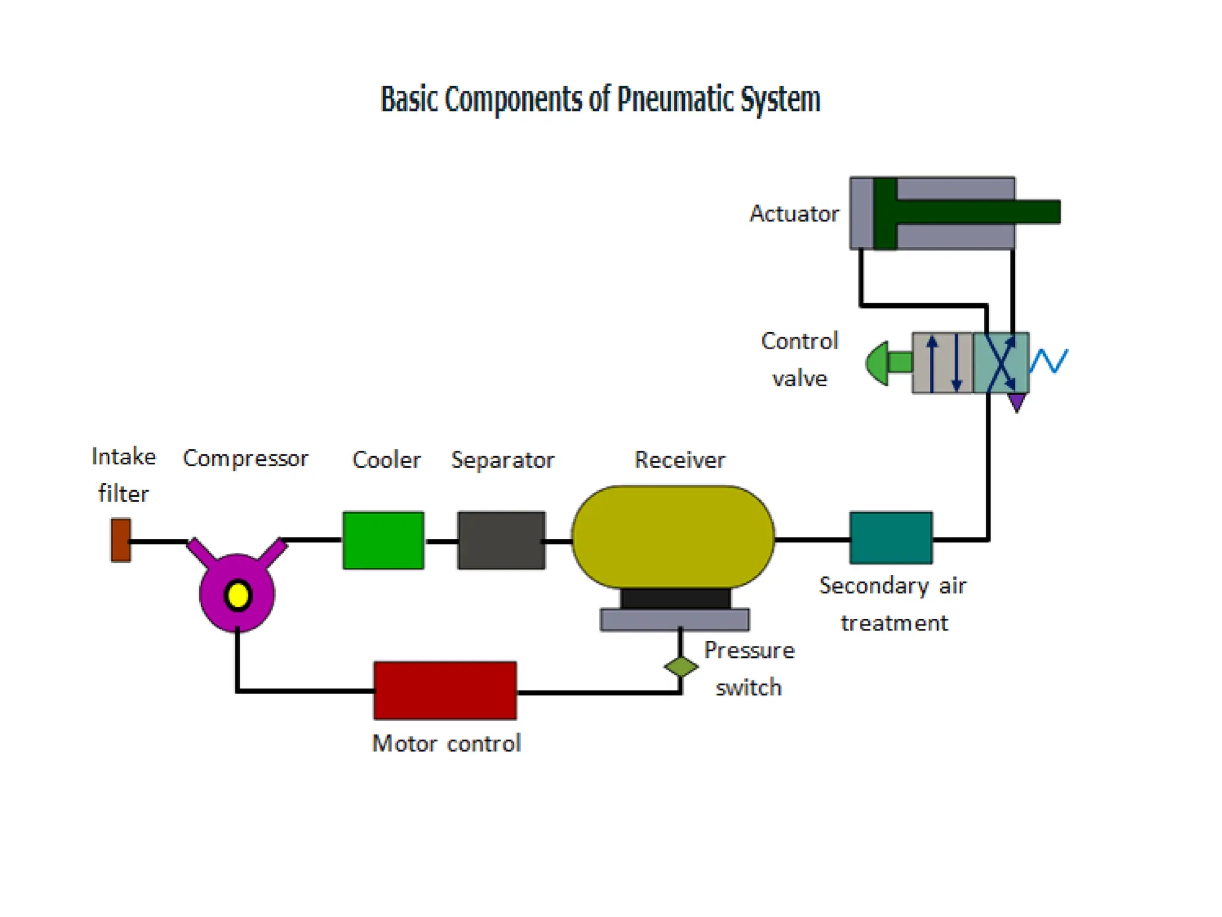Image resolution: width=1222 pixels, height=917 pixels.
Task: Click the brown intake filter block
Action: pyautogui.click(x=121, y=540)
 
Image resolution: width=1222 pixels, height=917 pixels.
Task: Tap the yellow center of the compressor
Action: pyautogui.click(x=237, y=595)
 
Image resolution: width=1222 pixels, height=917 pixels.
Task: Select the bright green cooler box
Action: pyautogui.click(x=383, y=540)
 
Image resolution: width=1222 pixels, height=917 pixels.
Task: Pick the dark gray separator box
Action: pyautogui.click(x=501, y=540)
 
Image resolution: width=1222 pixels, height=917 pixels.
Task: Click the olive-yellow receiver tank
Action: pyautogui.click(x=673, y=537)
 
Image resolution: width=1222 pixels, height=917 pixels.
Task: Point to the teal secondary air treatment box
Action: pyautogui.click(x=891, y=537)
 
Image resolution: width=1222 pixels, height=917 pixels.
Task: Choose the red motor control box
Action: pyautogui.click(x=445, y=690)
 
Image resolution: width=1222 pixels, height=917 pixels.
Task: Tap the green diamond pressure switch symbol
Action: pyautogui.click(x=681, y=666)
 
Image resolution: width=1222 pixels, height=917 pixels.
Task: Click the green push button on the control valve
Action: pyautogui.click(x=880, y=362)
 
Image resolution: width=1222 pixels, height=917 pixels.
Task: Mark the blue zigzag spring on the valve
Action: pyautogui.click(x=1049, y=361)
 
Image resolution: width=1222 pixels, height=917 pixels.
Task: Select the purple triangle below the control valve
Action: pyautogui.click(x=1017, y=402)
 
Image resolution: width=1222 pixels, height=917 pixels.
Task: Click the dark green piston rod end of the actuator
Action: pyautogui.click(x=1038, y=212)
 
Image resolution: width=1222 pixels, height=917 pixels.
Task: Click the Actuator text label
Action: pyautogui.click(x=794, y=214)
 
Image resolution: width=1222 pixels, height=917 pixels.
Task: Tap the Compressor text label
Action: pyautogui.click(x=245, y=458)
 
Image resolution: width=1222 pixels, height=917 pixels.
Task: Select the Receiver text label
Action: pyautogui.click(x=680, y=460)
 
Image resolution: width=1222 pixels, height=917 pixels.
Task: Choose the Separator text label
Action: pyautogui.click(x=502, y=460)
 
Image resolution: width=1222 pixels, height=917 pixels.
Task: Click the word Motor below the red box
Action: pyautogui.click(x=405, y=743)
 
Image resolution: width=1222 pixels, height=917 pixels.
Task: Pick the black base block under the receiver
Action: pyautogui.click(x=675, y=598)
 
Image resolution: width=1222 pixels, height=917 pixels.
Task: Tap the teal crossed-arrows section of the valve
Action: pyautogui.click(x=1001, y=362)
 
